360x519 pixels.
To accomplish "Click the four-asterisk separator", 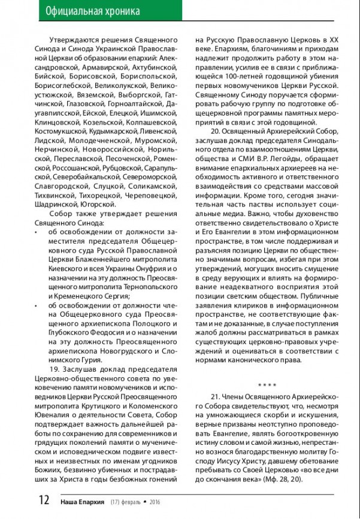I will point(267,384).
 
